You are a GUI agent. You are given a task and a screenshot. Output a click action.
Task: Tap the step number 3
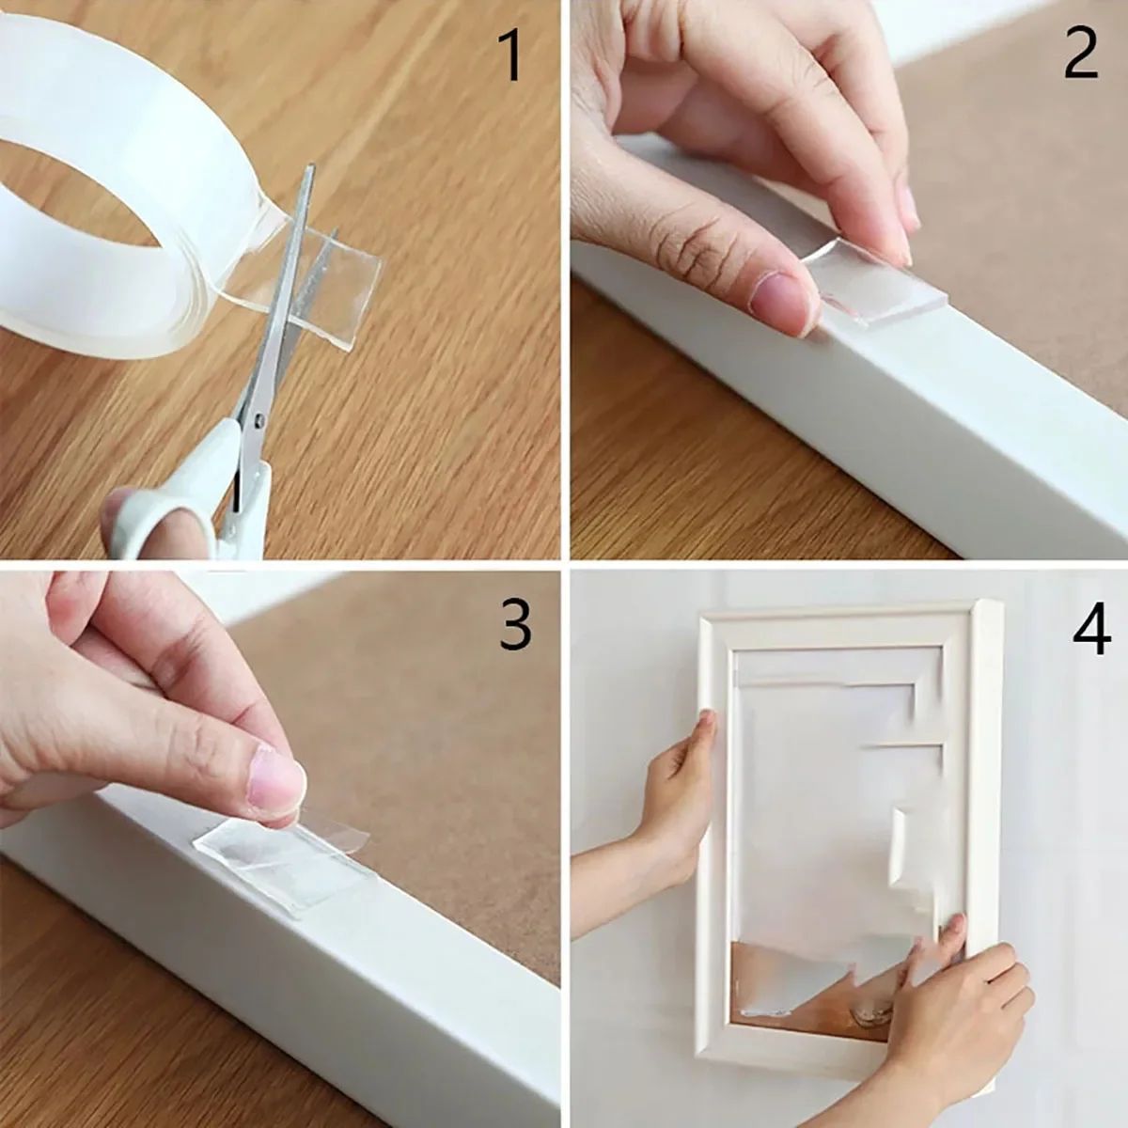(514, 626)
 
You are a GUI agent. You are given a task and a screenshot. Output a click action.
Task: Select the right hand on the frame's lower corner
(949, 1006)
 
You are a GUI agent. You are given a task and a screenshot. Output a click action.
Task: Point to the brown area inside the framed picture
(799, 987)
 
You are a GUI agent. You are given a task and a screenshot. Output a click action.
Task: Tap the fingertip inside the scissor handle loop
(122, 512)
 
